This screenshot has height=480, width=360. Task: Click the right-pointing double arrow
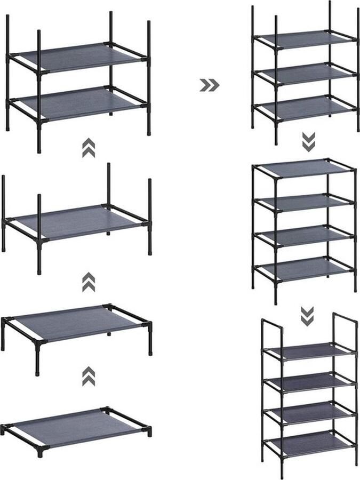209,85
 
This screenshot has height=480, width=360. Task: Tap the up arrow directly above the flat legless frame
89,376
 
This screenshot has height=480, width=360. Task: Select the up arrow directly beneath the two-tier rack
89,148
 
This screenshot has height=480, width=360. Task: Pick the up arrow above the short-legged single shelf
89,282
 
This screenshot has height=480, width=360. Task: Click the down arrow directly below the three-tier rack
308,142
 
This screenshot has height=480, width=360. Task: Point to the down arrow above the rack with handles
307,316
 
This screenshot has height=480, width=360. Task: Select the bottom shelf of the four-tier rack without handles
304,268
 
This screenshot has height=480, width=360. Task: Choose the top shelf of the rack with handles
309,351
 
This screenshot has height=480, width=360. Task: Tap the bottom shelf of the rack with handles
309,443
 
